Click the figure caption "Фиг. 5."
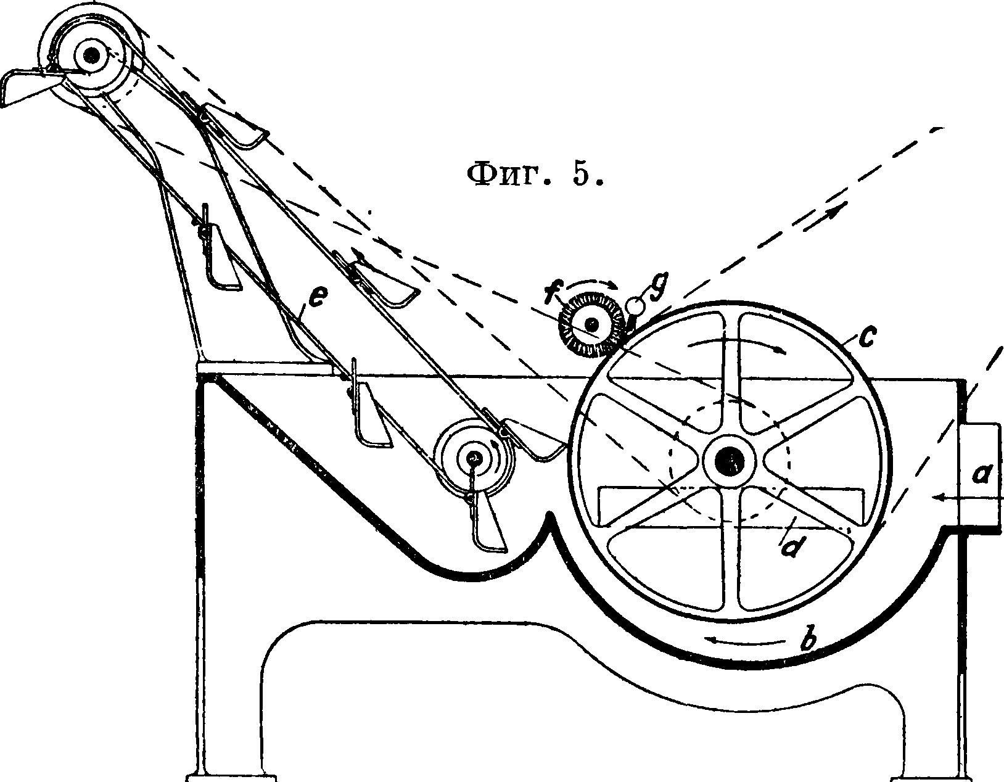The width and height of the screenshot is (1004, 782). point(534,176)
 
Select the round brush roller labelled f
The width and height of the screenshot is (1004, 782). point(591,324)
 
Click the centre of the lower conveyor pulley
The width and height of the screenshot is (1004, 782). point(474,458)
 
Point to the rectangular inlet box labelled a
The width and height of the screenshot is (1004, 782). point(981,475)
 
